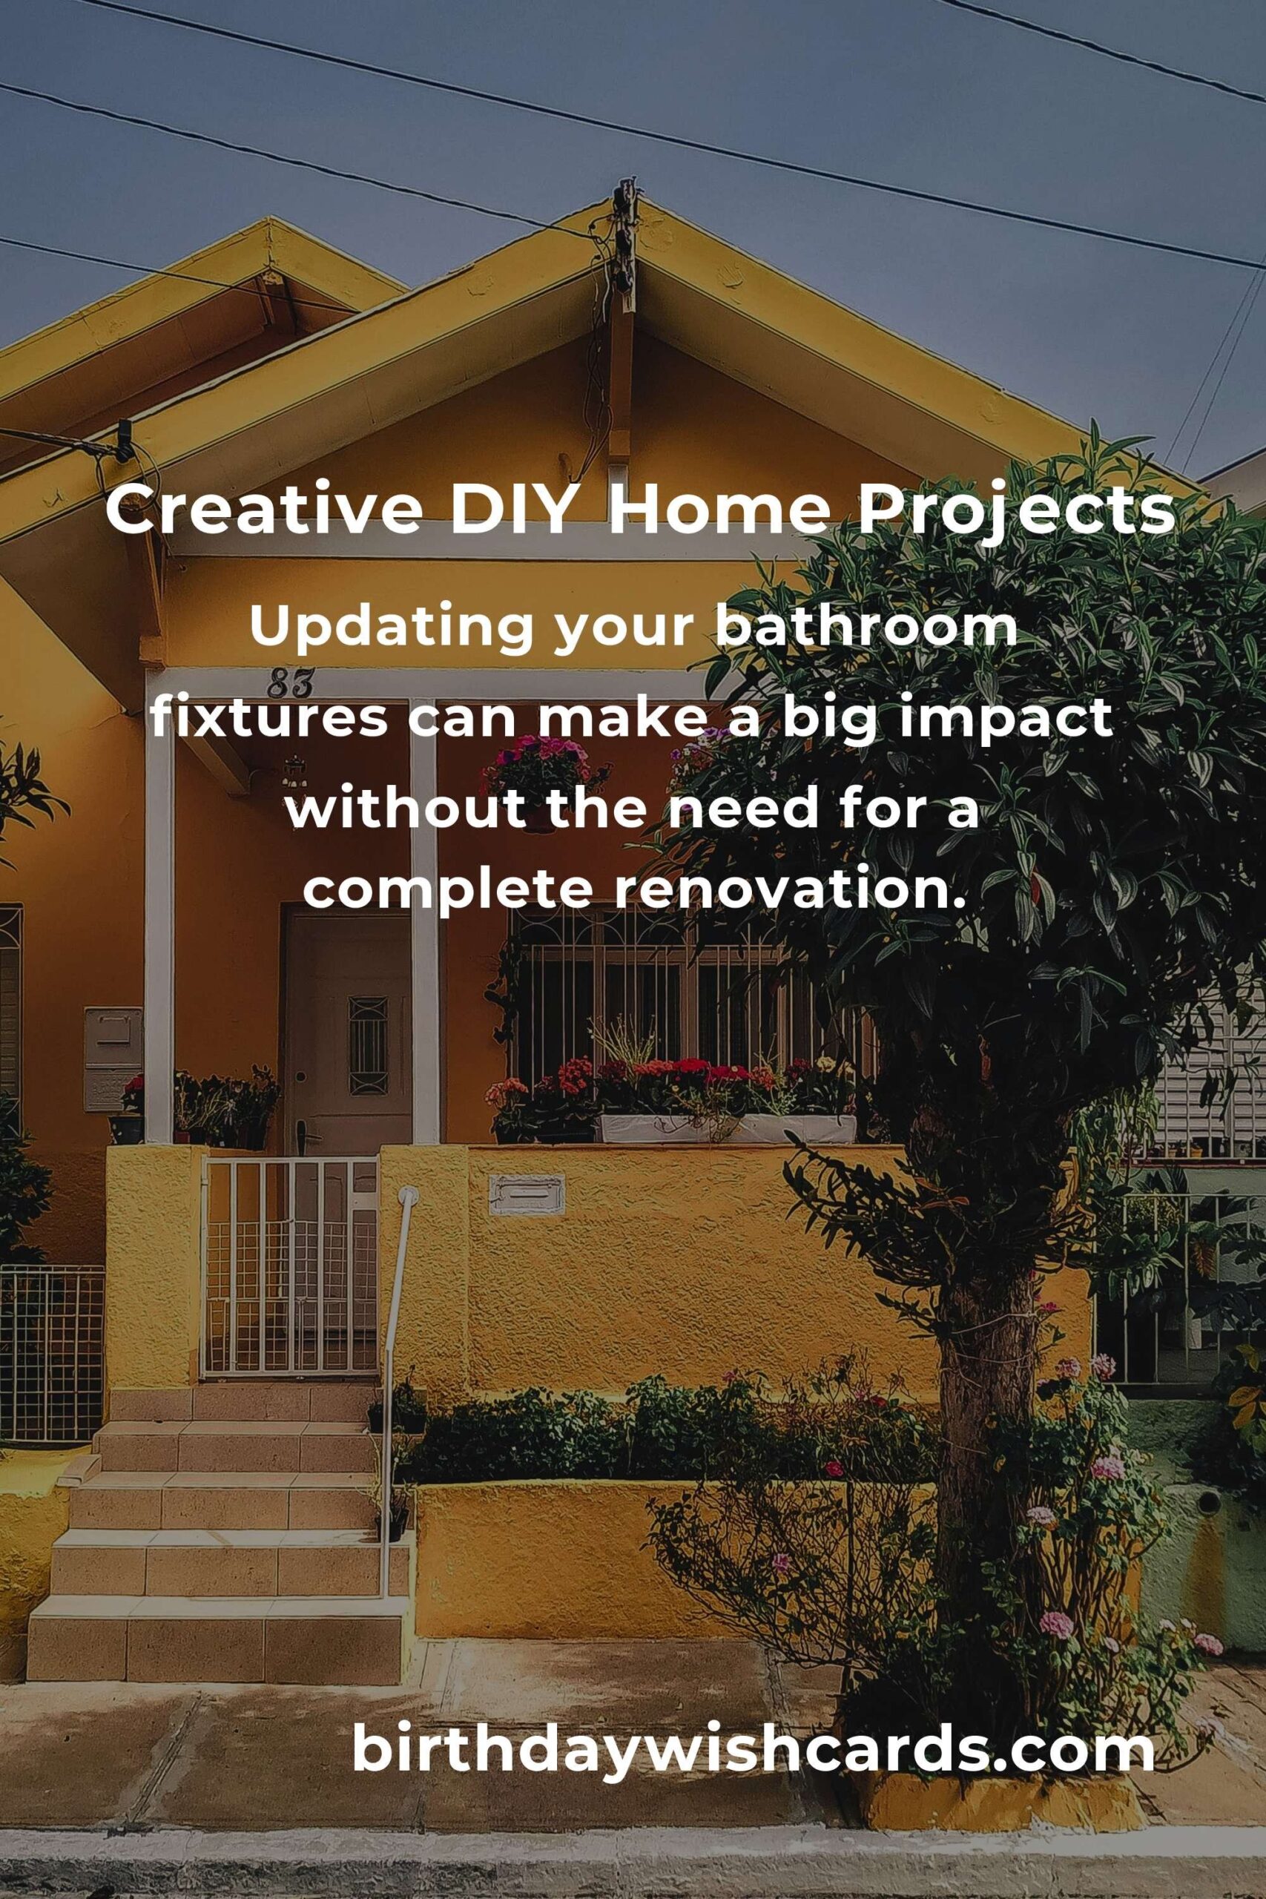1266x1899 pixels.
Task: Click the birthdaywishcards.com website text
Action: point(754,1747)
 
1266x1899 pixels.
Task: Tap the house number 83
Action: point(290,684)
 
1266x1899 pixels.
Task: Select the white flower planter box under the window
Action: point(727,1128)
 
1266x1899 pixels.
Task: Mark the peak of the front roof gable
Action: point(627,192)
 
